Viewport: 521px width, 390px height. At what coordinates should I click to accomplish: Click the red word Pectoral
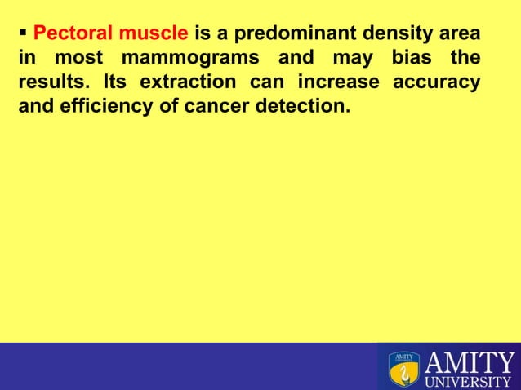pyautogui.click(x=68, y=35)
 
